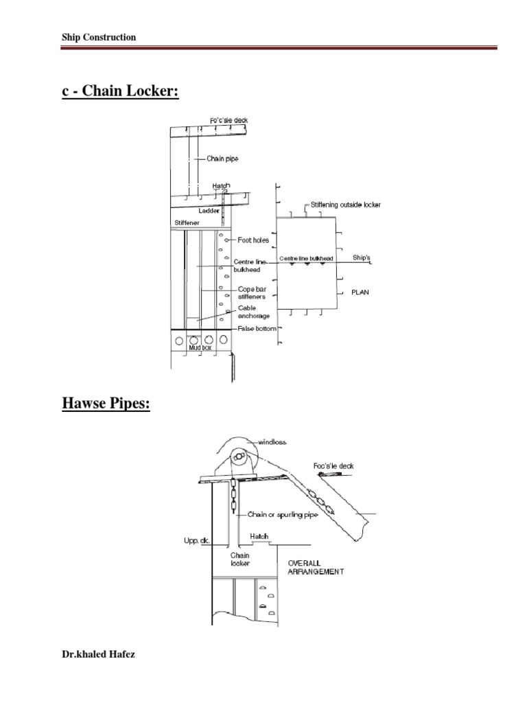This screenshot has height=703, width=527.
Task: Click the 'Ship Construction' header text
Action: (x=99, y=38)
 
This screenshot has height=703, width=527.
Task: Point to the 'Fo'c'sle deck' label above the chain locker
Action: (x=229, y=120)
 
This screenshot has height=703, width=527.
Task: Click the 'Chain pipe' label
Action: (x=222, y=159)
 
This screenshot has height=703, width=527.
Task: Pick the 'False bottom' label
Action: (x=257, y=329)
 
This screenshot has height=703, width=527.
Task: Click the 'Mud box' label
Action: (x=200, y=348)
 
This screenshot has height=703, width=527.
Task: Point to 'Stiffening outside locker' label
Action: (x=346, y=205)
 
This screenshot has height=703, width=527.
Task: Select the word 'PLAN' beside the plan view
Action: (x=360, y=292)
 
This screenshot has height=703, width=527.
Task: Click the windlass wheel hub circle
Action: (x=239, y=456)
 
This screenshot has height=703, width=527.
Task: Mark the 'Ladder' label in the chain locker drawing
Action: (x=209, y=211)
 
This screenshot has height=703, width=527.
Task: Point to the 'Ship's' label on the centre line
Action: (x=362, y=257)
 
